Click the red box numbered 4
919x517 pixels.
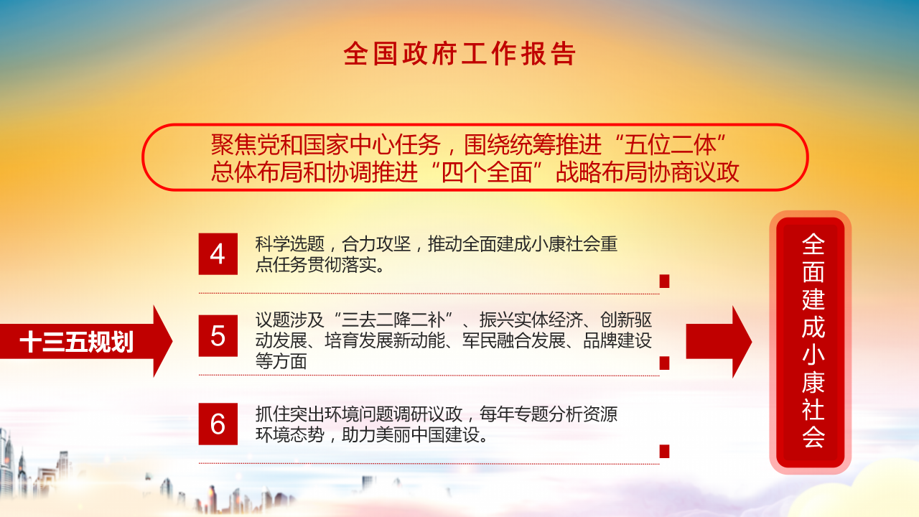point(218,254)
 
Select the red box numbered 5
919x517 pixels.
point(218,336)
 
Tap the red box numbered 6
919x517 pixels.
point(218,424)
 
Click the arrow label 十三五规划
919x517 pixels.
point(77,342)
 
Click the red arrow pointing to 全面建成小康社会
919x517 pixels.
point(718,342)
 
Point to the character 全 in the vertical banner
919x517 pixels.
point(813,245)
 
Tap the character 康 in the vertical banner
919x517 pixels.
point(813,382)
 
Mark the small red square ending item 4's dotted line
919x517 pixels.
point(664,281)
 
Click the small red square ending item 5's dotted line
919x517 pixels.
point(664,363)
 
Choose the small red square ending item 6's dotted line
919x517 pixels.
point(664,451)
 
